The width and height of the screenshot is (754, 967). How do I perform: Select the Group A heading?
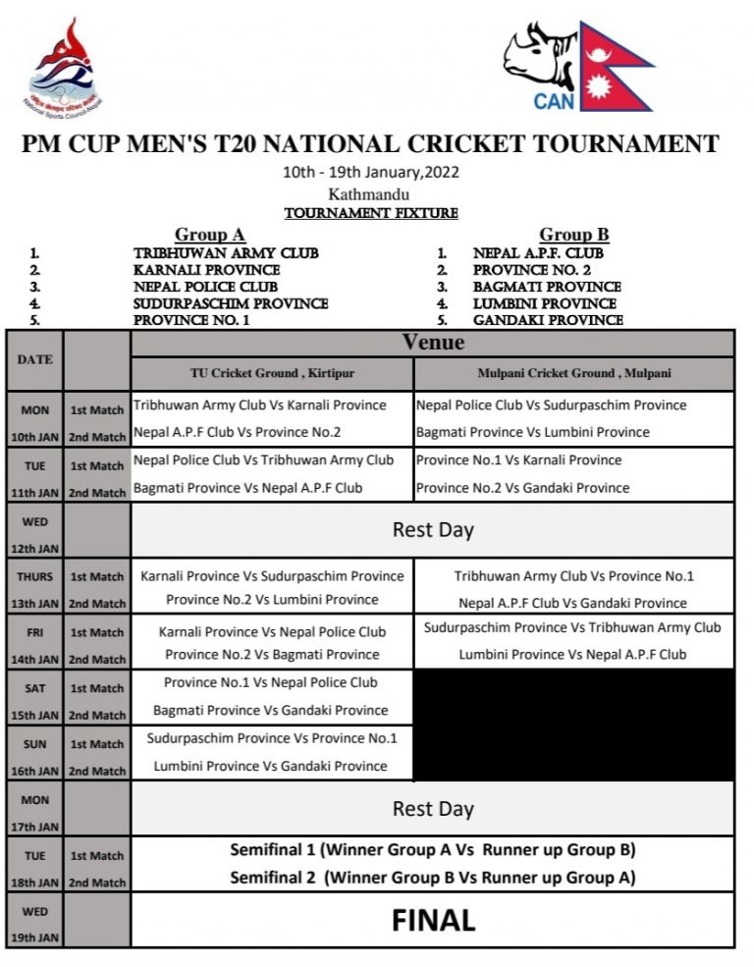209,235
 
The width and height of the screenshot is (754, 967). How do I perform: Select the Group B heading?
573,235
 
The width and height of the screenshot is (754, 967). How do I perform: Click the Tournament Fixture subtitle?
371,213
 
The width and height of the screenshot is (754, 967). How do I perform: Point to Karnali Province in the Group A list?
206,270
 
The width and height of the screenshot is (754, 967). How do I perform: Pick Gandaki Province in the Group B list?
548,320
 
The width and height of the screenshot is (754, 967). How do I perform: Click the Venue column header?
432,343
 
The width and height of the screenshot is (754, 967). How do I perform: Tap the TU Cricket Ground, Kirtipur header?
273,373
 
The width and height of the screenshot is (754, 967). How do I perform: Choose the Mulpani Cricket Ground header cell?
573,373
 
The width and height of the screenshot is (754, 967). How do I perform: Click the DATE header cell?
34,359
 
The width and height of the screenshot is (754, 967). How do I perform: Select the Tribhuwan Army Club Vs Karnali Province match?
260,404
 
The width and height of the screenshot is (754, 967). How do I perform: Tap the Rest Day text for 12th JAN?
433,530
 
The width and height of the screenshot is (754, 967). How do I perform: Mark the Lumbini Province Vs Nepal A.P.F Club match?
572,654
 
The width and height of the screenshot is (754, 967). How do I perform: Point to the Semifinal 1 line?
432,850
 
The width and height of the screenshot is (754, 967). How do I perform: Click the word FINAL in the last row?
433,920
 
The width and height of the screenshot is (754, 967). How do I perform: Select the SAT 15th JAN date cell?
34,702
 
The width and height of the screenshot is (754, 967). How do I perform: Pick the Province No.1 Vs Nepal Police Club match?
271,682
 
